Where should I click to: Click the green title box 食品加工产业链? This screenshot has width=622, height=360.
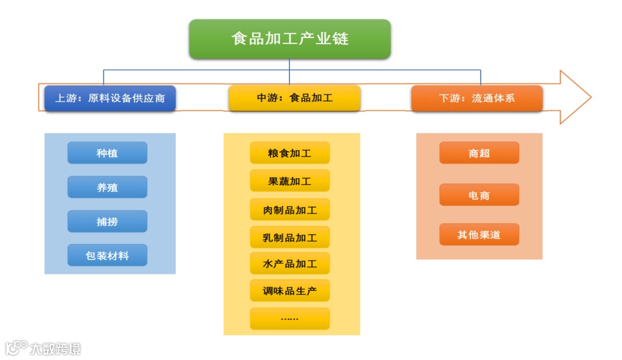(289, 39)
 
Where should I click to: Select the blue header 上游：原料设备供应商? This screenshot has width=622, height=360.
(110, 98)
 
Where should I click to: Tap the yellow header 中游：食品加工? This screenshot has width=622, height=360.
(294, 98)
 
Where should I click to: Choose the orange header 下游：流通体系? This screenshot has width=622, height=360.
(477, 98)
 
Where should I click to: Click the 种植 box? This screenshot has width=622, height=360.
(107, 153)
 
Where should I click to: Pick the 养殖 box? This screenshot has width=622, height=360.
(107, 187)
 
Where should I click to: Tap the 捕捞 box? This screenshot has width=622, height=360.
(107, 221)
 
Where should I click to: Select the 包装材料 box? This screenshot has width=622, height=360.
(107, 255)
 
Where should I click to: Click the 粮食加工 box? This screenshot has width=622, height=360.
(289, 153)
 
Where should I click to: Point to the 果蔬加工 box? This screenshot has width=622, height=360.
(289, 181)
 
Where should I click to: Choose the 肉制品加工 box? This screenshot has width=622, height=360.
(289, 209)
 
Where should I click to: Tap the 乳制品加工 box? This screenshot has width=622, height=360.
(289, 237)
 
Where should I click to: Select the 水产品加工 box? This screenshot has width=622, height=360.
(289, 264)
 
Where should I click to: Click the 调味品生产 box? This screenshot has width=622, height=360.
(289, 291)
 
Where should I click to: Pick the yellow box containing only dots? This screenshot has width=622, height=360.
(289, 318)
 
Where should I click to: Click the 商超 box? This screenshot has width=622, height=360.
(479, 153)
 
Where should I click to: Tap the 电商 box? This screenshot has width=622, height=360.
(479, 195)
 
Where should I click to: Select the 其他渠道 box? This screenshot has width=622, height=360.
(479, 235)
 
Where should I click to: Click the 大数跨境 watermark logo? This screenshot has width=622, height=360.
(43, 348)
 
